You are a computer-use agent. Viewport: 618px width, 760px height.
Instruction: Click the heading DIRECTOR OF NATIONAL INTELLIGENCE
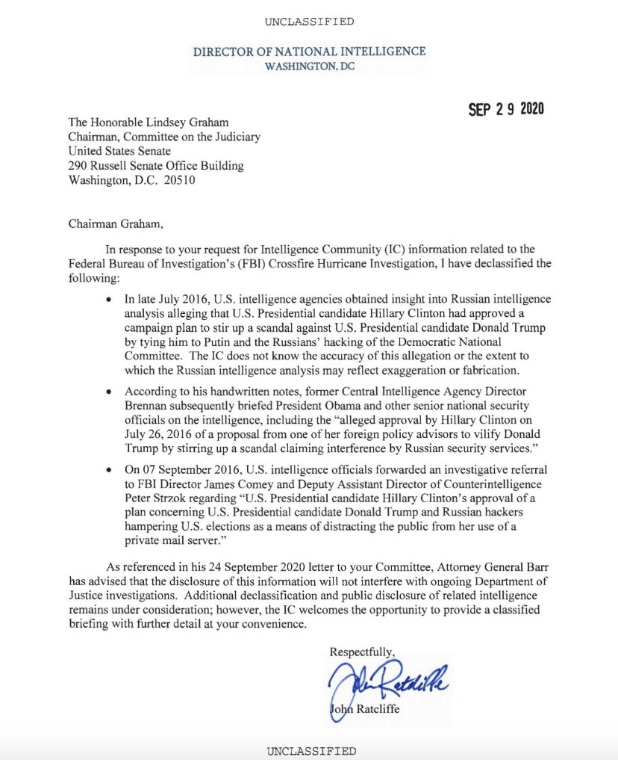point(309,52)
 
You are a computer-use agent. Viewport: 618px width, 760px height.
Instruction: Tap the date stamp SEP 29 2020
point(506,109)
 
